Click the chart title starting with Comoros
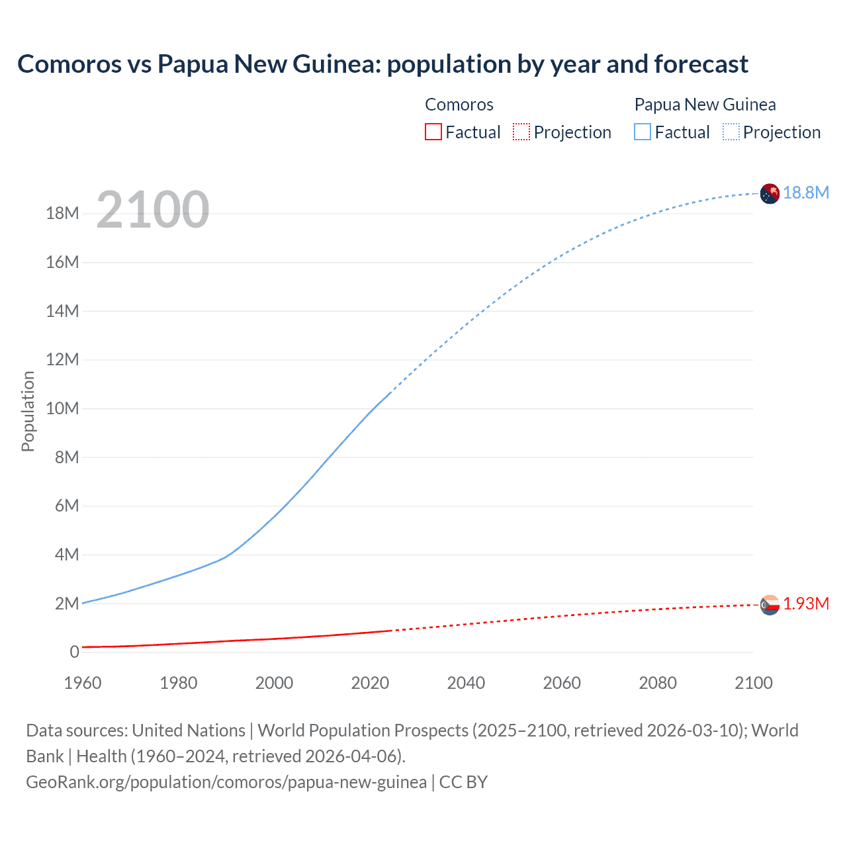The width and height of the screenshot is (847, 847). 382,64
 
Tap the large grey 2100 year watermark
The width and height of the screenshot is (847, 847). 153,210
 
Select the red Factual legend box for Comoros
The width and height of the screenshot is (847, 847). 433,132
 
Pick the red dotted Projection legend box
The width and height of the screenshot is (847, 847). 521,132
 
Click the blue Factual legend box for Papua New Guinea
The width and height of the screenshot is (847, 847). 643,132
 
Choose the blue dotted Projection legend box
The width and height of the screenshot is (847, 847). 731,132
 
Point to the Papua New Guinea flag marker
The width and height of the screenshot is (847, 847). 770,193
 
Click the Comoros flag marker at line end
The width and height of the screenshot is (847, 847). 770,605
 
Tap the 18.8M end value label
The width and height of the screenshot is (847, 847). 806,193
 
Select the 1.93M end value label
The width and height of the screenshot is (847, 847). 806,603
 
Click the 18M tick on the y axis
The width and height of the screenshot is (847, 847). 62,214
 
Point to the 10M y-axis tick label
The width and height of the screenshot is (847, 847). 62,408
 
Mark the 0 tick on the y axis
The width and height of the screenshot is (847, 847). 74,652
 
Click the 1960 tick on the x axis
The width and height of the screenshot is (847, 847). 83,683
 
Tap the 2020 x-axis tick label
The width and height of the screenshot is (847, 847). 370,683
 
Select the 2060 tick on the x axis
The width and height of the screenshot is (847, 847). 562,683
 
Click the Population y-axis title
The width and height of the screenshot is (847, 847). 28,411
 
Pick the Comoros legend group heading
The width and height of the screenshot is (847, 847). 459,105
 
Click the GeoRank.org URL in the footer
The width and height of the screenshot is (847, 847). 226,782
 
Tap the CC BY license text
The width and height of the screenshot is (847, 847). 463,782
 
